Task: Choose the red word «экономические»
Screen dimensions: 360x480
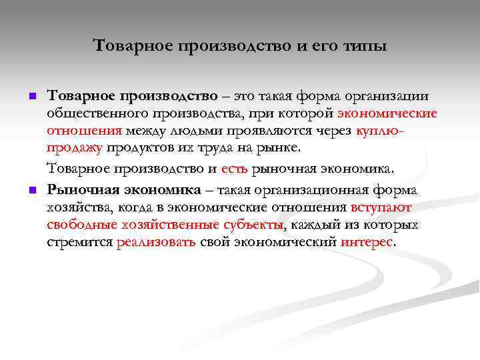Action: (x=387, y=114)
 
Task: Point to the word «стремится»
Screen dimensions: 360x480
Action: (x=79, y=241)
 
